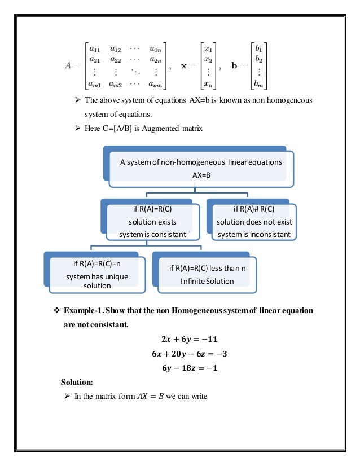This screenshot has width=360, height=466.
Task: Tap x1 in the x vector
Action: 208,49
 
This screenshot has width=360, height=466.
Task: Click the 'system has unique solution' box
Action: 98,274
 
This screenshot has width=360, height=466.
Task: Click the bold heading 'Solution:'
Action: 77,382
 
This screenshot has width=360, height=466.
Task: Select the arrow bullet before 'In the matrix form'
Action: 65,396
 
